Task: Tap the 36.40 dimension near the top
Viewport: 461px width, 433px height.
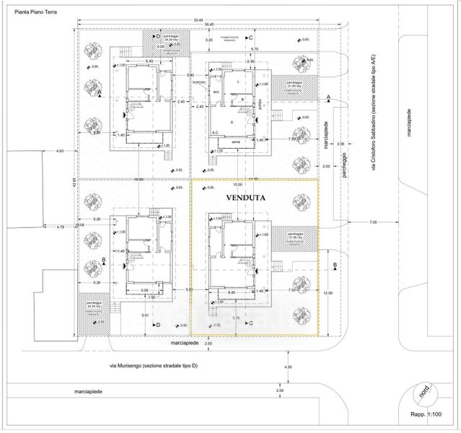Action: (209, 26)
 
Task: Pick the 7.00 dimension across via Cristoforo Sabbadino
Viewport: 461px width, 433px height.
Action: (372, 222)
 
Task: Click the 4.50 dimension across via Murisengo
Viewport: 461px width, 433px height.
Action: (289, 367)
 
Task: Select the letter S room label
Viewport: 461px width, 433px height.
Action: (232, 122)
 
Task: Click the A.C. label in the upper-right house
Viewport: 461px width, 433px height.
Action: (215, 132)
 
